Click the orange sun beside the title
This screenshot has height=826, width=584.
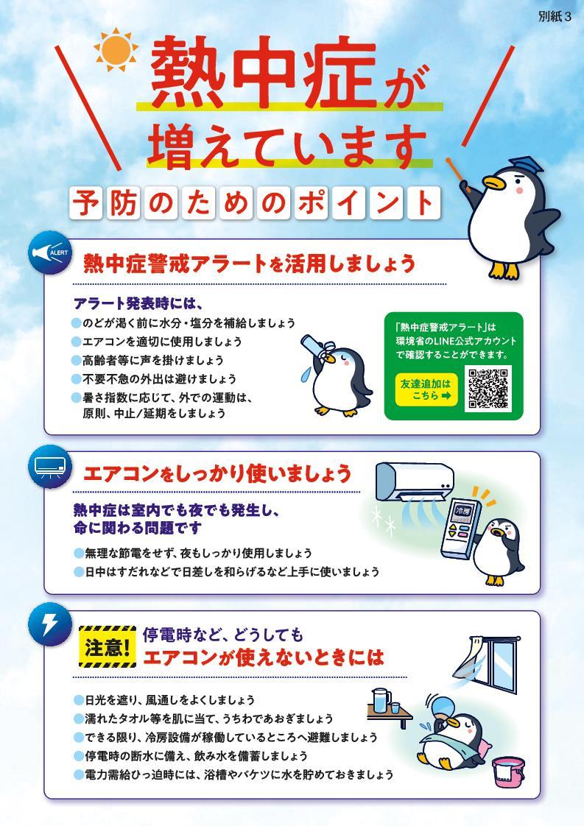[x=116, y=50]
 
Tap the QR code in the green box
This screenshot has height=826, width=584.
[x=488, y=389]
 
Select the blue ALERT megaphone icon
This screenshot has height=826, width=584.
[x=49, y=253]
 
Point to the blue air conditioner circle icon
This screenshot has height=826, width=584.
[x=49, y=466]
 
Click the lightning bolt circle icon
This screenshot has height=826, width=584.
[x=49, y=625]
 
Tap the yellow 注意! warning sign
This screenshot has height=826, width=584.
[x=108, y=647]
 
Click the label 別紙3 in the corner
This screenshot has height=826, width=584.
[x=555, y=16]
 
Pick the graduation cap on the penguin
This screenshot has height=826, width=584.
[x=524, y=166]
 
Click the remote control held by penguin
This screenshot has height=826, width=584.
[x=460, y=529]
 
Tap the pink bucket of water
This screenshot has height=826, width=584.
[x=508, y=772]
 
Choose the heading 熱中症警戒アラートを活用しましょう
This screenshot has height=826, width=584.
[x=250, y=263]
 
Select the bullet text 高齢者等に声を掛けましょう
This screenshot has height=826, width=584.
[x=153, y=360]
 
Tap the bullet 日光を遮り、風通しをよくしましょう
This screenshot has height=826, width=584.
[x=169, y=700]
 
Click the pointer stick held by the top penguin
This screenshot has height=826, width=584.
[x=457, y=172]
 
